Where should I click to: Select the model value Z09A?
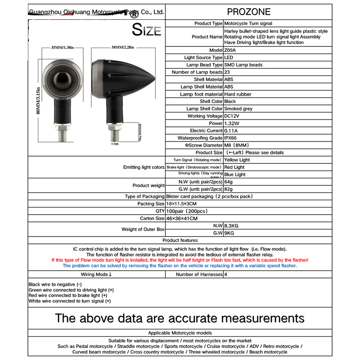click(230, 50)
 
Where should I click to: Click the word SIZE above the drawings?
click(146, 30)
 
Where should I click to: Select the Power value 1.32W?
click(232, 123)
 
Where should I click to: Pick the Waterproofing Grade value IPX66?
click(233, 138)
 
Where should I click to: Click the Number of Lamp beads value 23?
click(227, 72)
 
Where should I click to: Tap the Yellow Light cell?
click(237, 160)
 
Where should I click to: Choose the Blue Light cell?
click(235, 174)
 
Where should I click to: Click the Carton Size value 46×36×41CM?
click(242, 218)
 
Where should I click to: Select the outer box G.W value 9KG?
click(229, 233)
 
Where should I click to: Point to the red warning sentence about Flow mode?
click(180, 260)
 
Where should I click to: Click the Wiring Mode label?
click(96, 274)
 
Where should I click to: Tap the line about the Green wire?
click(71, 290)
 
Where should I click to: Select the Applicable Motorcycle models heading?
click(180, 333)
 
